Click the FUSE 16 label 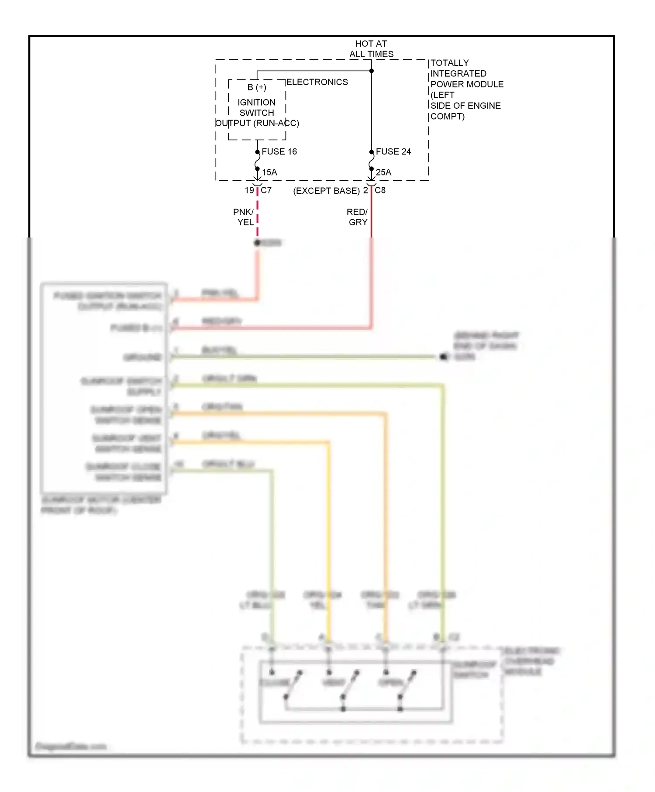click(x=279, y=152)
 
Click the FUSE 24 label click(x=393, y=152)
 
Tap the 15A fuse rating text click(x=269, y=172)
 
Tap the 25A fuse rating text click(x=383, y=172)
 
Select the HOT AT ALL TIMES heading click(x=371, y=49)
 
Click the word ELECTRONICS click(x=317, y=82)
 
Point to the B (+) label click(x=257, y=87)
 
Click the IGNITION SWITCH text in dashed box click(x=257, y=107)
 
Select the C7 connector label click(x=266, y=190)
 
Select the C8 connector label click(x=380, y=190)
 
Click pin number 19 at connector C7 click(x=249, y=190)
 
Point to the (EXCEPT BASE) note click(x=327, y=191)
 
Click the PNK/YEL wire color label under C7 click(x=244, y=217)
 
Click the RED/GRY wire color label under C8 click(x=358, y=217)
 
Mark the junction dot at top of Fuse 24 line click(x=372, y=71)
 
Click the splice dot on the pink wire click(x=257, y=243)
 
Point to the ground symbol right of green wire click(x=444, y=357)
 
